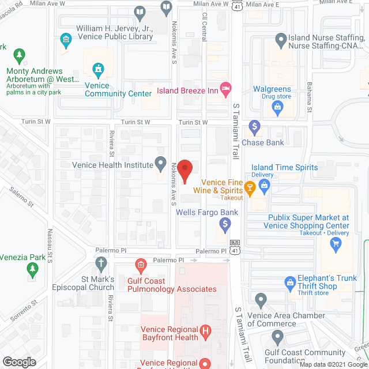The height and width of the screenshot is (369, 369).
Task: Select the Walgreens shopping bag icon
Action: tap(277, 107)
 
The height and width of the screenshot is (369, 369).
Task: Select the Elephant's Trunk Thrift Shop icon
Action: tap(290, 283)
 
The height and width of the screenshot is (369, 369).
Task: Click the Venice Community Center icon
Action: tap(99, 70)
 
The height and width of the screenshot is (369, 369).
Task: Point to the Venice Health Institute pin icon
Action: tap(162, 164)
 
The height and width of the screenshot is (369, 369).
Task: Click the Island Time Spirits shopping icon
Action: tap(265, 184)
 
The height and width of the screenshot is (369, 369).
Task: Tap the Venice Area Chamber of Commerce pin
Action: tap(261, 300)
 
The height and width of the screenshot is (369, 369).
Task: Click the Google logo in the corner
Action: tap(19, 362)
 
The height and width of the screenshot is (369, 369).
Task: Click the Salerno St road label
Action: tap(22, 197)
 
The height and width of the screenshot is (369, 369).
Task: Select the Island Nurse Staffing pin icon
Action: tap(281, 40)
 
